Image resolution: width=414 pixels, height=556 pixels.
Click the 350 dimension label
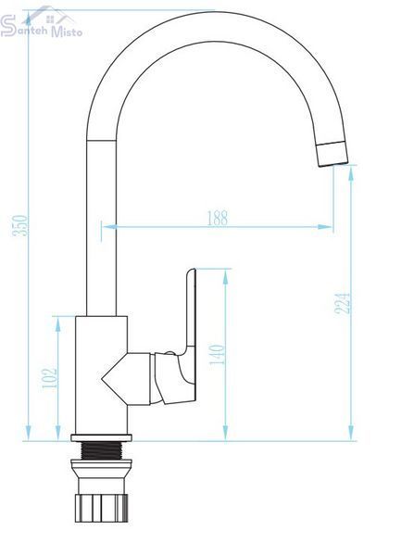(x=19, y=225)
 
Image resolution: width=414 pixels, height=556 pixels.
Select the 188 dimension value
(x=218, y=218)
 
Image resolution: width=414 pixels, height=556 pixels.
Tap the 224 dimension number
(x=343, y=303)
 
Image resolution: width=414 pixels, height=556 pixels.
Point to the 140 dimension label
(x=217, y=355)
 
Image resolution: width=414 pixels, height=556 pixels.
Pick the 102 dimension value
(x=50, y=378)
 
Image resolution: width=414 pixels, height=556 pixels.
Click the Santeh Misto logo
(x=41, y=22)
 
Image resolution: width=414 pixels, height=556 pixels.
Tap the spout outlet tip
(x=332, y=154)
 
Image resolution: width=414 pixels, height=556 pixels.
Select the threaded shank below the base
(x=101, y=450)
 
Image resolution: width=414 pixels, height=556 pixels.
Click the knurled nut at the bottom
(x=101, y=509)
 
